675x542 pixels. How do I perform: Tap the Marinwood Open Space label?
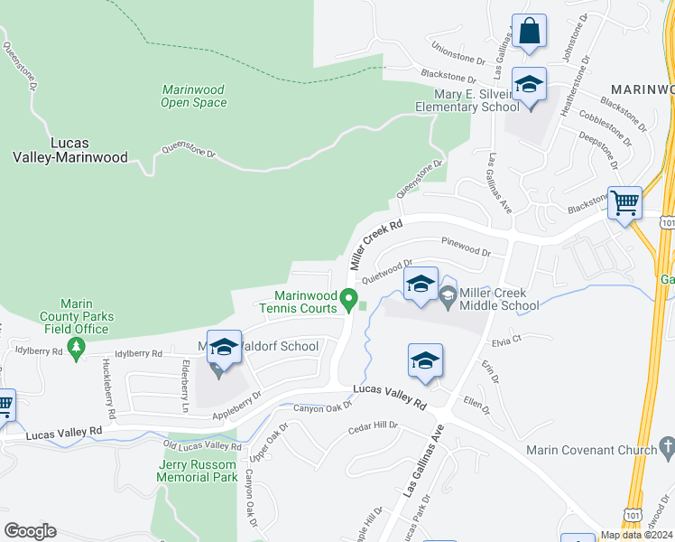pos(193,96)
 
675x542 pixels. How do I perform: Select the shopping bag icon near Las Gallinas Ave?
pos(529,32)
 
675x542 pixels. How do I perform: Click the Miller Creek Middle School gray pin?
pos(448,293)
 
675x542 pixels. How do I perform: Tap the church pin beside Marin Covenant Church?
pos(666,446)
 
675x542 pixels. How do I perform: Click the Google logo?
pos(30,531)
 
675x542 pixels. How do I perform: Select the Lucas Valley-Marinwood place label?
pos(76,149)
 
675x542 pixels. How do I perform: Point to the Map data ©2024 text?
pos(635,535)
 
